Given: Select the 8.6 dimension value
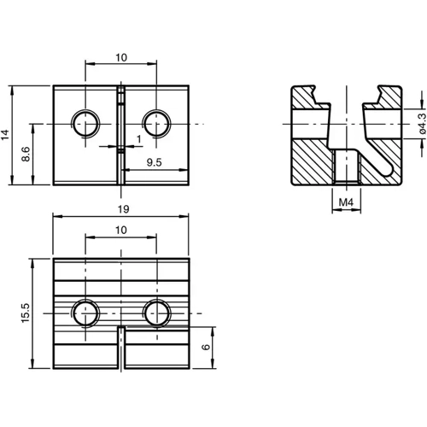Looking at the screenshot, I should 26,155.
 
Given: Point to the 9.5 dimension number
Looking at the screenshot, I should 155,161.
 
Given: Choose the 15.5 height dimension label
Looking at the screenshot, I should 26,313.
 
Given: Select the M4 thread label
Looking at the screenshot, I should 344,202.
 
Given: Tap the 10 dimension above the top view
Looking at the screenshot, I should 122,56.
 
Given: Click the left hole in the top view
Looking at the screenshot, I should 85,124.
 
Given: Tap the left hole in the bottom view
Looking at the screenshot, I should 85,313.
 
